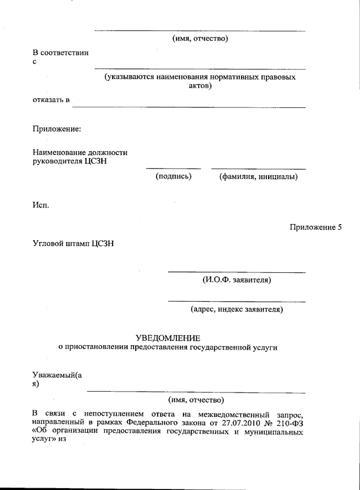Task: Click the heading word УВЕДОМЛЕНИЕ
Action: (x=168, y=338)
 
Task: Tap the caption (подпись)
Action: (x=173, y=176)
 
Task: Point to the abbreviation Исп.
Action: (x=41, y=206)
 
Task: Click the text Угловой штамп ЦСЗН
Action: (x=73, y=244)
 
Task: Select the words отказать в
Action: (x=51, y=100)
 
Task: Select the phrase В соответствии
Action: (x=60, y=53)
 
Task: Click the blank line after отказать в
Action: (x=189, y=107)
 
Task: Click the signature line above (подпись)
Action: (x=173, y=169)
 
